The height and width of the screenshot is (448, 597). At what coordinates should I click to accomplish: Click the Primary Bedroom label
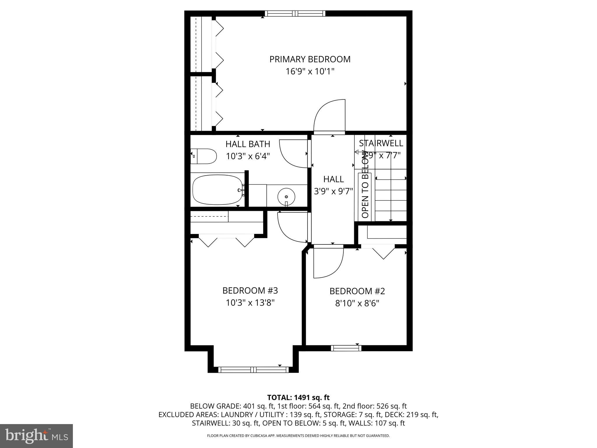pyautogui.click(x=310, y=59)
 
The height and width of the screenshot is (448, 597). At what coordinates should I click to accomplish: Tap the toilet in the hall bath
pyautogui.click(x=204, y=156)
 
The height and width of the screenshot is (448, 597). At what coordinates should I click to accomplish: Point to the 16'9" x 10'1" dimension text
pyautogui.click(x=310, y=71)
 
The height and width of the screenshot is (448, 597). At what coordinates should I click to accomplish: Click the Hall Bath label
pyautogui.click(x=248, y=144)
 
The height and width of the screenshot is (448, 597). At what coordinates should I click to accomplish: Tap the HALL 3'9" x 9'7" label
pyautogui.click(x=333, y=185)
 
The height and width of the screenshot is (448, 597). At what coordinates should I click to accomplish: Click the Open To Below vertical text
pyautogui.click(x=365, y=184)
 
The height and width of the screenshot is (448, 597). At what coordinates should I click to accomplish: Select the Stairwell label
pyautogui.click(x=381, y=143)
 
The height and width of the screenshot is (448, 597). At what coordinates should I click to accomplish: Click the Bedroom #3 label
pyautogui.click(x=250, y=290)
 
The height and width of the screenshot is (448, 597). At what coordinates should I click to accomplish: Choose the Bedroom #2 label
pyautogui.click(x=357, y=291)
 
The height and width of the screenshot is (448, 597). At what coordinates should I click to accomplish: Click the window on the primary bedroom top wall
pyautogui.click(x=295, y=13)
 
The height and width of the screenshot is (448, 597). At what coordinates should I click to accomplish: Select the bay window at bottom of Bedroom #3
pyautogui.click(x=253, y=370)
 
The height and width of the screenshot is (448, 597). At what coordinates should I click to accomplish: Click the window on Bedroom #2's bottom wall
pyautogui.click(x=346, y=348)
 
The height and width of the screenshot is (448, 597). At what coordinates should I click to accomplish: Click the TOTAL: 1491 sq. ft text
pyautogui.click(x=298, y=397)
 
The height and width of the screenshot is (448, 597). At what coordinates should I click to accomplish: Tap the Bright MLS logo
pyautogui.click(x=36, y=436)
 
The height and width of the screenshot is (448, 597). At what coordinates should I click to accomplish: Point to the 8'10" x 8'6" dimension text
pyautogui.click(x=357, y=304)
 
